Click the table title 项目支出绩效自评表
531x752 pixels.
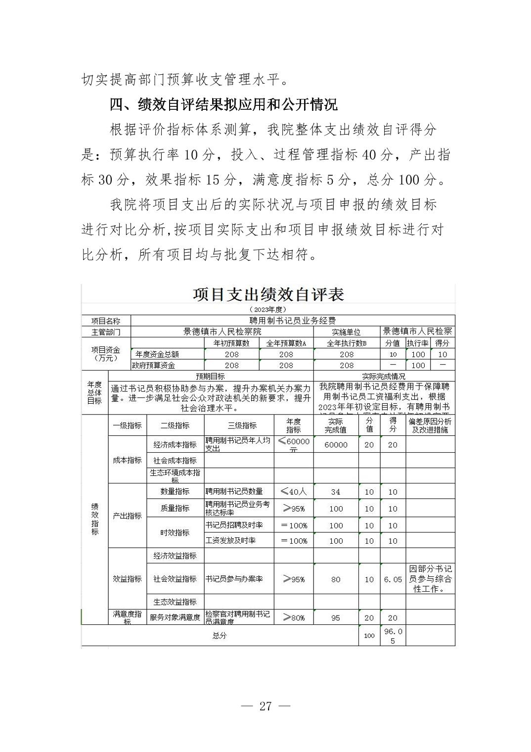268,294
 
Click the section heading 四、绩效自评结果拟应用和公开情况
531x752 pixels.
223,104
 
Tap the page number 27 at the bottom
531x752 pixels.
265,706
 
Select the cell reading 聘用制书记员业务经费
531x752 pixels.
293,321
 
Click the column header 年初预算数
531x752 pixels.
231,343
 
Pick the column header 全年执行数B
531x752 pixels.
347,343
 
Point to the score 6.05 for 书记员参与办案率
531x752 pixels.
393,579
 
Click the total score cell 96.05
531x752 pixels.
393,636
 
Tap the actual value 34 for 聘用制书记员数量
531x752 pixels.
336,492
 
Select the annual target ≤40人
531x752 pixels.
294,491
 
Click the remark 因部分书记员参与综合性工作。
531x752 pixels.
430,579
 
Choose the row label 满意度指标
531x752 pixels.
127,617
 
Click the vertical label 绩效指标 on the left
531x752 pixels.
95,519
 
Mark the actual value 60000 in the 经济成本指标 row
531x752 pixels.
336,445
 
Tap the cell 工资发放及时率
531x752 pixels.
230,540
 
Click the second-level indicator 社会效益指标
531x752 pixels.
175,579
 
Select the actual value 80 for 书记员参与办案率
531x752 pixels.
336,579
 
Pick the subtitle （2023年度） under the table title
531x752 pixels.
268,309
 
